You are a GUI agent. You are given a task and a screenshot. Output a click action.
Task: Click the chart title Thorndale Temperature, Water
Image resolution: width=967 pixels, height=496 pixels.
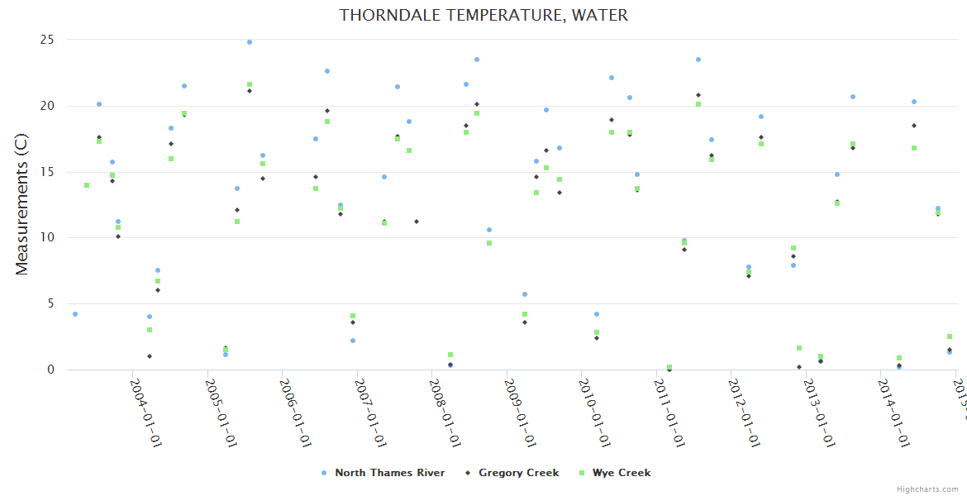(483, 16)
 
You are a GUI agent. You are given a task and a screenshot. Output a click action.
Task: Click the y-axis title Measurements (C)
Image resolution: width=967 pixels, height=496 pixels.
(22, 204)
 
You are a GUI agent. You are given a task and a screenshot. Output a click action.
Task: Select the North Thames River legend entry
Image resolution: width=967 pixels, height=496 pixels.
(389, 473)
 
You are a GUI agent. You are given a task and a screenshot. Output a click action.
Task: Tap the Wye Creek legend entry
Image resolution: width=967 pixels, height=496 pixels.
(621, 473)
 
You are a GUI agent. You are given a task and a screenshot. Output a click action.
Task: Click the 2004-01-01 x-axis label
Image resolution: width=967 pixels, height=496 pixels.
(145, 413)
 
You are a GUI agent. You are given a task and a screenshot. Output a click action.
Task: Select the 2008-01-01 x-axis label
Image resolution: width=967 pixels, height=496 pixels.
(445, 413)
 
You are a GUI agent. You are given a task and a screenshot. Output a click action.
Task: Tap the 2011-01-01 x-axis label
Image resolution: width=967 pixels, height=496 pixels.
(671, 413)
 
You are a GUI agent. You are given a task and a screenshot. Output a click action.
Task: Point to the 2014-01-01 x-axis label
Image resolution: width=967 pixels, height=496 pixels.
(896, 413)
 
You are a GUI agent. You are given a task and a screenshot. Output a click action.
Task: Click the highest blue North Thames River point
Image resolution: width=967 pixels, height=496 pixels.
(250, 42)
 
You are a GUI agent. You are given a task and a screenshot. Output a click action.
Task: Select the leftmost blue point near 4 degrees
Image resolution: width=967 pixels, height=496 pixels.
(75, 314)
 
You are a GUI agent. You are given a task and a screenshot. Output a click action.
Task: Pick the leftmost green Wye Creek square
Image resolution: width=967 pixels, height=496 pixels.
(87, 185)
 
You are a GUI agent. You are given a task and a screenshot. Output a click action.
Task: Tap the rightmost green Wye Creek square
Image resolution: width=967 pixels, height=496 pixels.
(950, 336)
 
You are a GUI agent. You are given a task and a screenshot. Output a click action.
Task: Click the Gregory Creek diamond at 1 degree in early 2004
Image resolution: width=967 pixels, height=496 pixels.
(150, 356)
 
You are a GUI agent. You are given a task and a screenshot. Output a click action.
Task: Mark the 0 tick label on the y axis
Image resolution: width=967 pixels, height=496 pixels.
(50, 370)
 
